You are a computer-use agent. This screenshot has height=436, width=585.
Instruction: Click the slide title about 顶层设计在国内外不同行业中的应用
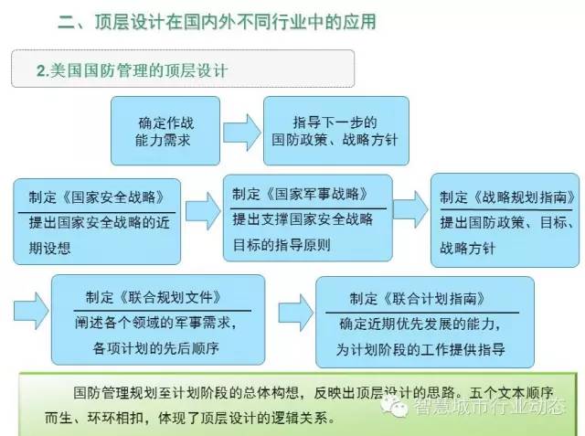pyautogui.click(x=218, y=22)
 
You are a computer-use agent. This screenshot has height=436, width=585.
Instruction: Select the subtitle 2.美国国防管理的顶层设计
pyautogui.click(x=132, y=70)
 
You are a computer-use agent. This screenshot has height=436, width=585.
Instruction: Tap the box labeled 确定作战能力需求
pyautogui.click(x=165, y=131)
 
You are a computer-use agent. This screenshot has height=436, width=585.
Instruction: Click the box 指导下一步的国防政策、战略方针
pyautogui.click(x=336, y=131)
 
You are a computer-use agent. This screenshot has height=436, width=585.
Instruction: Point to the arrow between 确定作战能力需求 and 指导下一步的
pyautogui.click(x=241, y=133)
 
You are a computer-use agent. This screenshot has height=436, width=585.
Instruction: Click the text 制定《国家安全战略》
pyautogui.click(x=97, y=197)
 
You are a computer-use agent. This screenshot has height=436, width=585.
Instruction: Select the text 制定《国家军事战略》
pyautogui.click(x=300, y=194)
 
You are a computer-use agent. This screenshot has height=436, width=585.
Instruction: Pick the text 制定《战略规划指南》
pyautogui.click(x=507, y=197)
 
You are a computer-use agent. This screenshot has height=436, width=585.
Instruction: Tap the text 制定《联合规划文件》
pyautogui.click(x=154, y=298)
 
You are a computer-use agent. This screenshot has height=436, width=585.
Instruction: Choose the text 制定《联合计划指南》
pyautogui.click(x=418, y=299)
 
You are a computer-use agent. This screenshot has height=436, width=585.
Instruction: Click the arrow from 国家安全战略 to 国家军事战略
pyautogui.click(x=203, y=211)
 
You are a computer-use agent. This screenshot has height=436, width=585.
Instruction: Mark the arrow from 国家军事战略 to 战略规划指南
pyautogui.click(x=410, y=209)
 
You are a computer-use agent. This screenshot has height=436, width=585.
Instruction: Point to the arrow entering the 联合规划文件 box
pyautogui.click(x=31, y=311)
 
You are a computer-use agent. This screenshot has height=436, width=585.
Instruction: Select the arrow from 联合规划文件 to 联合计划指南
pyautogui.click(x=296, y=313)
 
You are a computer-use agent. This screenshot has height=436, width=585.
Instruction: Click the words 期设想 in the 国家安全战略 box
pyautogui.click(x=49, y=248)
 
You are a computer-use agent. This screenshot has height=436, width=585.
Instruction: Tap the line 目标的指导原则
pyautogui.click(x=282, y=245)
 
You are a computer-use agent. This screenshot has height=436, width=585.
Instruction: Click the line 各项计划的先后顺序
pyautogui.click(x=155, y=348)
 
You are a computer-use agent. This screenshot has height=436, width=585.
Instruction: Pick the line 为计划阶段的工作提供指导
pyautogui.click(x=420, y=349)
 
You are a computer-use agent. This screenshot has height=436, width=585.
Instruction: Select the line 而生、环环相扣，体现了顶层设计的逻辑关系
pyautogui.click(x=190, y=418)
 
